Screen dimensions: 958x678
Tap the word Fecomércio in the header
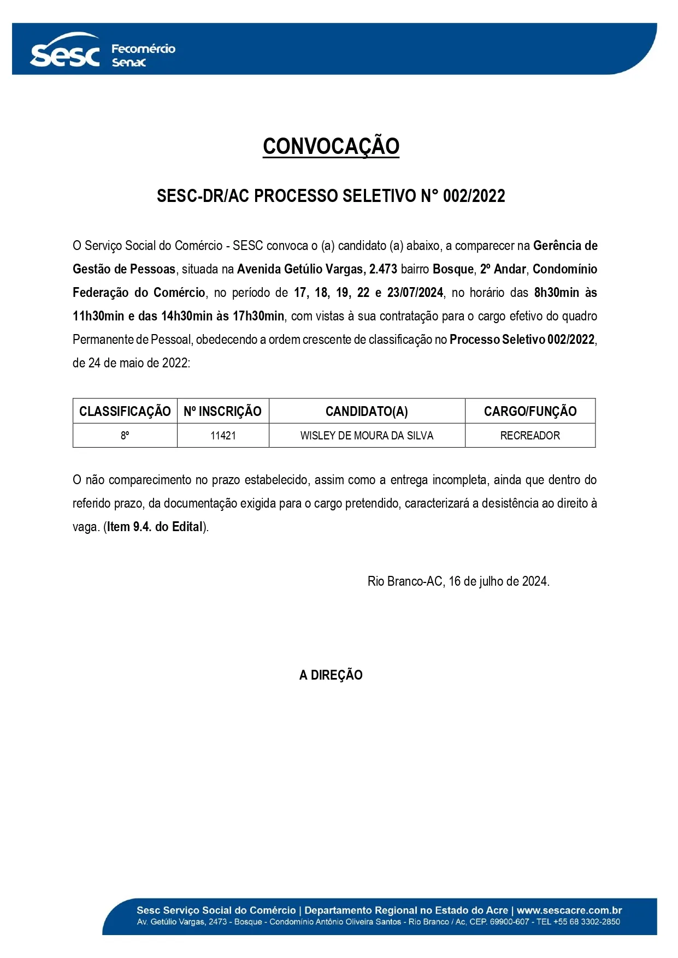click(143, 49)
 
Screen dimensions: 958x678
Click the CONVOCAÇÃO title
click(331, 146)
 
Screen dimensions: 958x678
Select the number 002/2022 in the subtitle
click(474, 196)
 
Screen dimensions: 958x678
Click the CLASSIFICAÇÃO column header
click(125, 411)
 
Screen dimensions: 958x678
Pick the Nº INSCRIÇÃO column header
click(223, 411)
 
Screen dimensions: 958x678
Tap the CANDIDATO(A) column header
click(367, 411)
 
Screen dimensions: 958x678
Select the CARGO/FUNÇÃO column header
click(530, 411)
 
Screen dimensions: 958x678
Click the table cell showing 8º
click(125, 436)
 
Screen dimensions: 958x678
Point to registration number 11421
click(223, 436)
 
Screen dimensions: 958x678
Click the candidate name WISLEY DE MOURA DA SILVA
click(367, 436)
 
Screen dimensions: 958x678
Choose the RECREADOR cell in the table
click(530, 436)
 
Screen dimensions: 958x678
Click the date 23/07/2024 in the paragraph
click(415, 293)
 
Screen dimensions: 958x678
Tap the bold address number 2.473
click(383, 269)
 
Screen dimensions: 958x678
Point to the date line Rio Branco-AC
click(458, 581)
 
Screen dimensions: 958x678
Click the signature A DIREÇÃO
click(331, 675)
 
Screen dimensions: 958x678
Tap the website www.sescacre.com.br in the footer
click(569, 911)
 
